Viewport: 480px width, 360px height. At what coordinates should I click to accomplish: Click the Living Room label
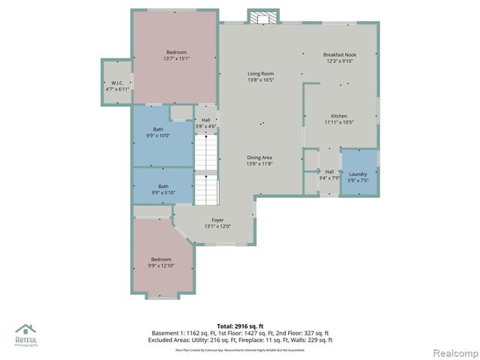[x=260, y=73]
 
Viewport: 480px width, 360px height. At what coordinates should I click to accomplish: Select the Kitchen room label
[x=339, y=116]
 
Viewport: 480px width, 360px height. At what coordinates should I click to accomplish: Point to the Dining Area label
[x=260, y=157]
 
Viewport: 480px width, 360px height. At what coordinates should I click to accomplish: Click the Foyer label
[x=217, y=220]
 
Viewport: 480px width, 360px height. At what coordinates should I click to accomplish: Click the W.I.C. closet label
[x=117, y=83]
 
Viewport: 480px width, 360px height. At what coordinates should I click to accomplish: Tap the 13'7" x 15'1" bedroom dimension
[x=176, y=58]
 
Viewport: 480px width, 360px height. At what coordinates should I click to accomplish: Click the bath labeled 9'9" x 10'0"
[x=161, y=136]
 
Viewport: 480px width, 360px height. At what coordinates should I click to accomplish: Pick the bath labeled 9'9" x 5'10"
[x=163, y=193]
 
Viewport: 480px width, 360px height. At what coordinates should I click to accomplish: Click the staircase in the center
[x=205, y=172]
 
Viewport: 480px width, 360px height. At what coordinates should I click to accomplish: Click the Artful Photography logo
[x=27, y=334]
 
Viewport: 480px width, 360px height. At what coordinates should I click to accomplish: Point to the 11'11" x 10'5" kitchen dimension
[x=339, y=122]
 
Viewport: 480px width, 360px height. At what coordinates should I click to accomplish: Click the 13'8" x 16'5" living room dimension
[x=260, y=79]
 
